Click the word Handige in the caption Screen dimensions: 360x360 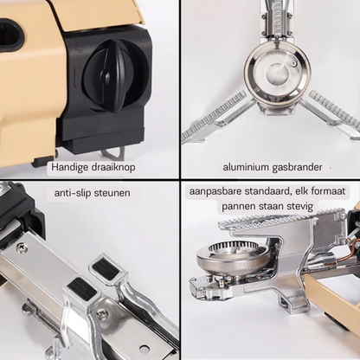pyautogui.click(x=69, y=165)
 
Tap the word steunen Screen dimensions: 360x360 pyautogui.click(x=112, y=192)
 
